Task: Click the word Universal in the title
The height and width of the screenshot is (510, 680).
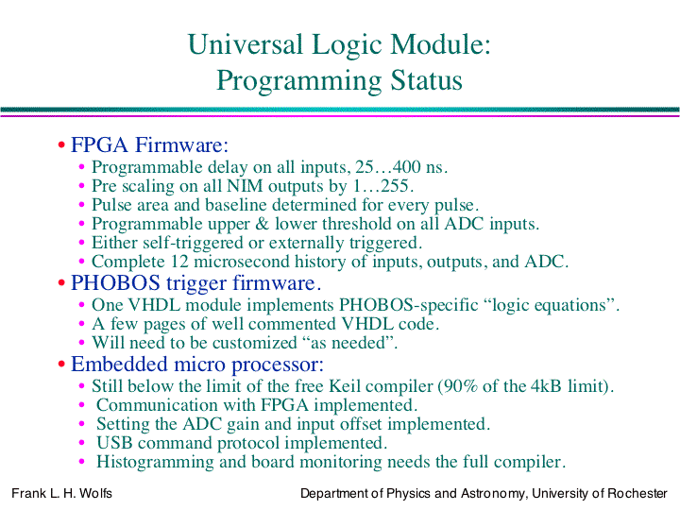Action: pos(245,44)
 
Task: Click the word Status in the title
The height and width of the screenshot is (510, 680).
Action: pos(426,80)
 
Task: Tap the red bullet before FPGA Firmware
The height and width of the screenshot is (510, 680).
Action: pos(61,144)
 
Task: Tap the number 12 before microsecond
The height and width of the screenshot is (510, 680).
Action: pos(180,262)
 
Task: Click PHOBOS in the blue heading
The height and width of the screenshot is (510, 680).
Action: pos(115,283)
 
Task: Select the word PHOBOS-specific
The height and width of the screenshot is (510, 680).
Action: pos(409,305)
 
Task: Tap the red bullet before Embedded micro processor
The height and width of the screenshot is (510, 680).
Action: pos(61,365)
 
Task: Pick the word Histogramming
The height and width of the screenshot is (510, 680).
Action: pos(155,462)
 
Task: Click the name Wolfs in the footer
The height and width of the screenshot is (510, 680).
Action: pos(95,494)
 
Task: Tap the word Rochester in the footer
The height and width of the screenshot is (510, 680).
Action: pos(637,494)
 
